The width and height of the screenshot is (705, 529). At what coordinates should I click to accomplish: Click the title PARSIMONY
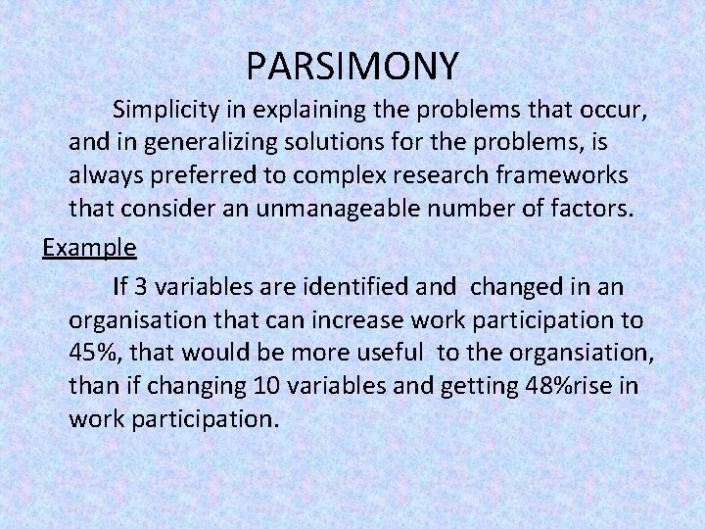point(352,66)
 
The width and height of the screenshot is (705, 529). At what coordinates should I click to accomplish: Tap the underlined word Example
point(89,248)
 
